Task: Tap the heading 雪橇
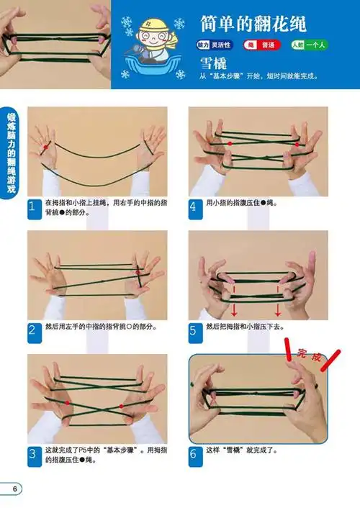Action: click(x=214, y=63)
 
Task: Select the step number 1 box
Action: click(x=32, y=208)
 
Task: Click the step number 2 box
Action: click(x=32, y=331)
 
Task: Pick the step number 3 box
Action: click(x=32, y=455)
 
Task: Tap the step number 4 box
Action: click(x=194, y=208)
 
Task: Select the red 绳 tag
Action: click(x=251, y=45)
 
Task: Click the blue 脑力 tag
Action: click(x=204, y=45)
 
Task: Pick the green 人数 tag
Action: click(x=298, y=45)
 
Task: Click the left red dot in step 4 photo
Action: click(x=229, y=144)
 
